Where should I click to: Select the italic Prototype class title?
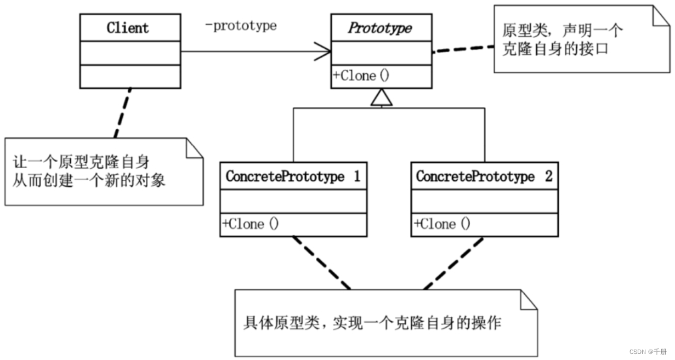[381, 28]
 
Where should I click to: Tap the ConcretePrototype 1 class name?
[293, 177]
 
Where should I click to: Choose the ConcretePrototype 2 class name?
[484, 177]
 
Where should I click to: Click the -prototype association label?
[241, 26]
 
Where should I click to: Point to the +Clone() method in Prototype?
[361, 76]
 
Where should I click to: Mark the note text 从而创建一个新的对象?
[89, 180]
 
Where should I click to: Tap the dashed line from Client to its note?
[122, 113]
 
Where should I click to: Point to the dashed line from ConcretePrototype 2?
[453, 263]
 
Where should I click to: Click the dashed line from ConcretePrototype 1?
[321, 263]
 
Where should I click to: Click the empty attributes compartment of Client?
[130, 53]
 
